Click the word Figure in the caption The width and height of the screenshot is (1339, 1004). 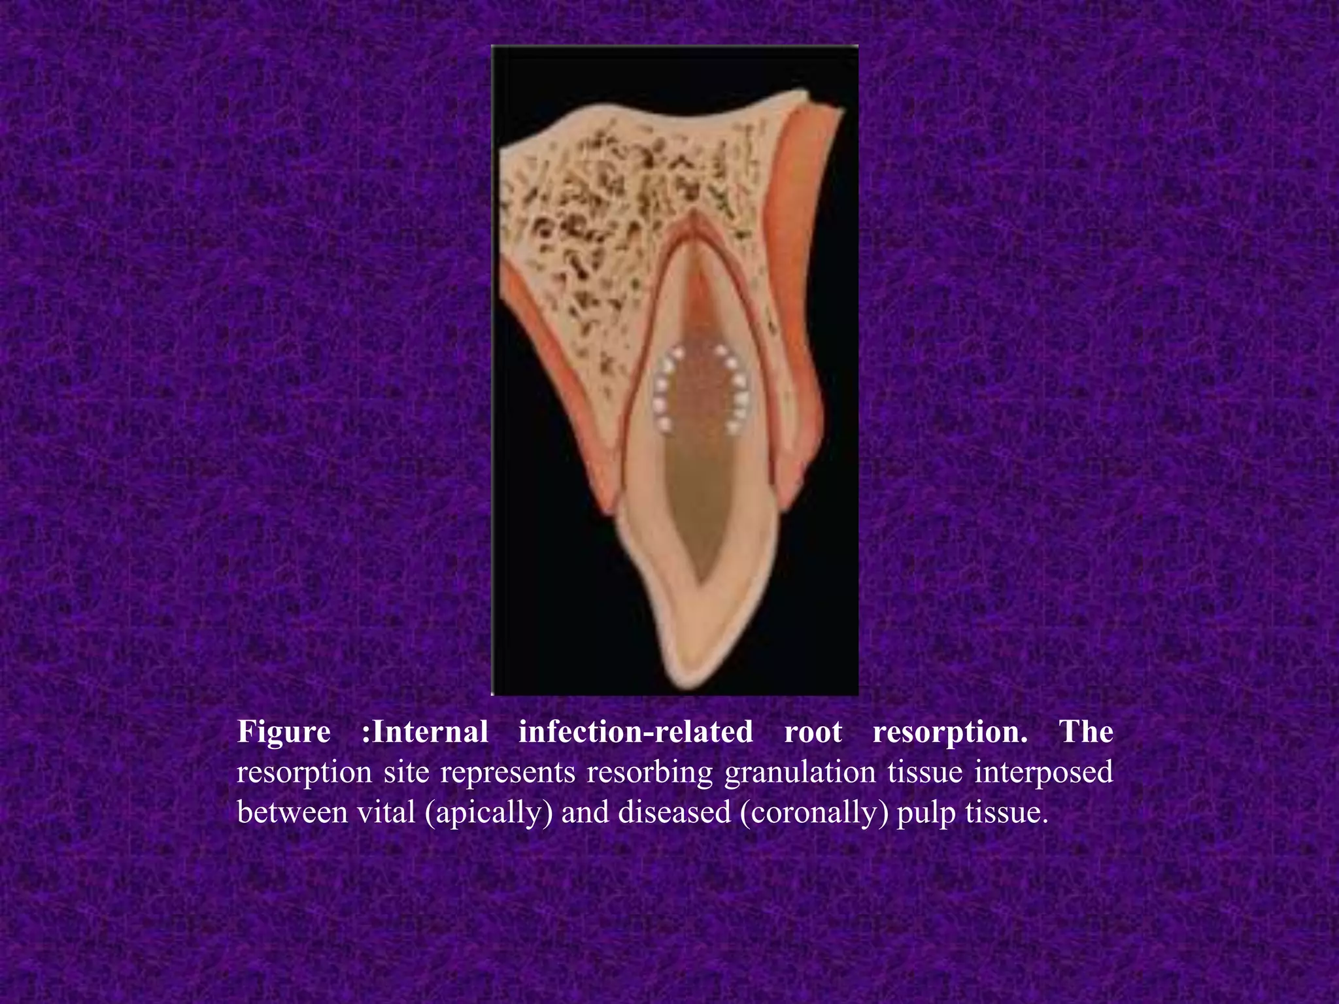click(x=283, y=731)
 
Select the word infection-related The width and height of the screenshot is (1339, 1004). click(x=636, y=731)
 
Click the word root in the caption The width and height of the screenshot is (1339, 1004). click(x=813, y=731)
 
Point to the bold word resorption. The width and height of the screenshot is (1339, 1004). click(x=949, y=733)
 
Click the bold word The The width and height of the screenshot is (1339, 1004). click(x=1086, y=731)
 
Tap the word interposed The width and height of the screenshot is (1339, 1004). click(x=1043, y=773)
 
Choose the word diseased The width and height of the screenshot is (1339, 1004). click(x=674, y=812)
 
